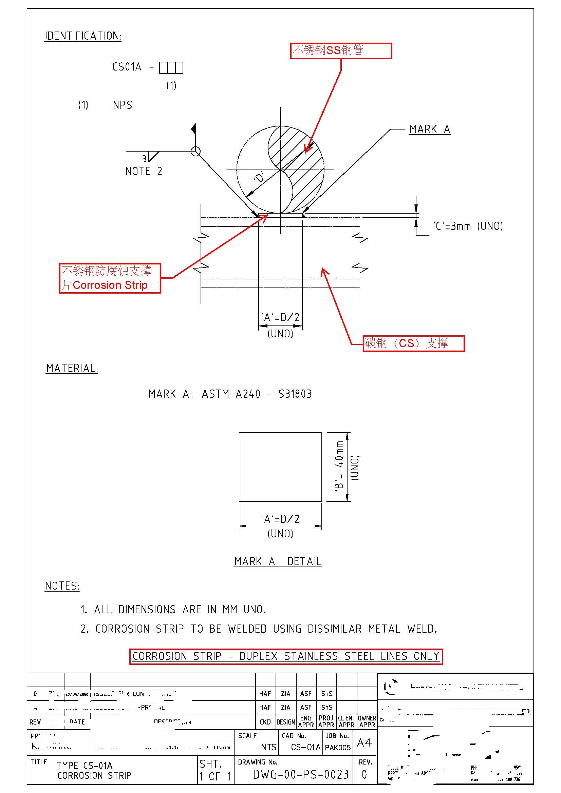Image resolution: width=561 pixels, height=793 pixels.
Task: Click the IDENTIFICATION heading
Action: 83,36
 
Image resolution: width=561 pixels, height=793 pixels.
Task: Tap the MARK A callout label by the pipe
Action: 429,129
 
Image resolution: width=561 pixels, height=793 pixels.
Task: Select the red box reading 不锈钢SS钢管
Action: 341,51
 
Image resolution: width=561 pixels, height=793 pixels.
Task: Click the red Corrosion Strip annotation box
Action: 110,278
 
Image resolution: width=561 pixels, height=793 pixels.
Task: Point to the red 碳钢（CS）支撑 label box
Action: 413,343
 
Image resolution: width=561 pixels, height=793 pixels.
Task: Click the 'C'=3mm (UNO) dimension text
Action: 468,226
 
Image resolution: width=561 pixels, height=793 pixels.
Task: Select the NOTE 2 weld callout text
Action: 144,171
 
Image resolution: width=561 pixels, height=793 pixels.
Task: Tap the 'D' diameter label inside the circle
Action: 259,178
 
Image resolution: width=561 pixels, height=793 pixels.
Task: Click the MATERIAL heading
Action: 72,369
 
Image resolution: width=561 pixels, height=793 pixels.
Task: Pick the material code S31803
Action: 295,394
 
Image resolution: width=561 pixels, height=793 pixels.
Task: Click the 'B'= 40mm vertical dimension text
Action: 339,466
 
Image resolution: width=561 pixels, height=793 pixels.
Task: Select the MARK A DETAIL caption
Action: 278,561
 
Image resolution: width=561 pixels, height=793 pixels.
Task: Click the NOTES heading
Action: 62,586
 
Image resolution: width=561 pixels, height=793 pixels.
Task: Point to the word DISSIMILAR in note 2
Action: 334,629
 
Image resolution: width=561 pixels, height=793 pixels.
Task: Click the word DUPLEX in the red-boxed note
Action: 258,656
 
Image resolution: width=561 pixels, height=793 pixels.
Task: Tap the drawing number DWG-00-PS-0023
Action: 301,775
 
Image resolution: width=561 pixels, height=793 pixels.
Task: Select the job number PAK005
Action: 338,748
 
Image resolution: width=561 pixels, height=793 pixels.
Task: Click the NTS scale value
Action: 268,748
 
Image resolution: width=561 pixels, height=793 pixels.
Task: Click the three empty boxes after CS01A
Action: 171,68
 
